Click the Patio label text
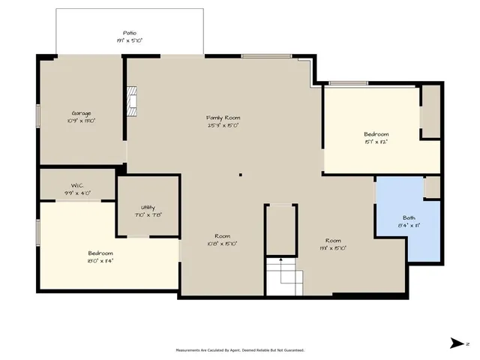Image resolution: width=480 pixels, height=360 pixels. click(x=130, y=33)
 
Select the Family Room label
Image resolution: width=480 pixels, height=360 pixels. click(x=223, y=118)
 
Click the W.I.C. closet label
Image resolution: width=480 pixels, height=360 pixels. click(x=76, y=185)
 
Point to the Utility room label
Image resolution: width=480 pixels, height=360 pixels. click(x=148, y=207)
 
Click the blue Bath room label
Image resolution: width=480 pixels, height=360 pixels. click(x=409, y=217)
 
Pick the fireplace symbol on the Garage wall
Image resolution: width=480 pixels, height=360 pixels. click(x=132, y=103)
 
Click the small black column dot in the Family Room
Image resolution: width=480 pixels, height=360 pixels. click(x=240, y=175)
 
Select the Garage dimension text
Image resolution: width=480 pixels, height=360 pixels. click(x=81, y=121)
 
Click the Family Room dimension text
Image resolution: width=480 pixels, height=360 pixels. click(x=223, y=125)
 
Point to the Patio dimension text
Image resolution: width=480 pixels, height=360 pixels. click(x=130, y=40)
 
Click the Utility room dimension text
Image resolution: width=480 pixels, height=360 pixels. click(x=148, y=214)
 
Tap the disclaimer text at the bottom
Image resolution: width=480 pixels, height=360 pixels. click(x=240, y=349)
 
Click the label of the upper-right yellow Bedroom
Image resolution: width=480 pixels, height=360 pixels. click(x=376, y=134)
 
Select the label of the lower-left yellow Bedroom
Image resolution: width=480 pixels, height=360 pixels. click(x=100, y=253)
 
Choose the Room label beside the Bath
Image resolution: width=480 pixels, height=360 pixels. click(x=333, y=240)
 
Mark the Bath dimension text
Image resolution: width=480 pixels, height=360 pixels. click(x=409, y=225)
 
